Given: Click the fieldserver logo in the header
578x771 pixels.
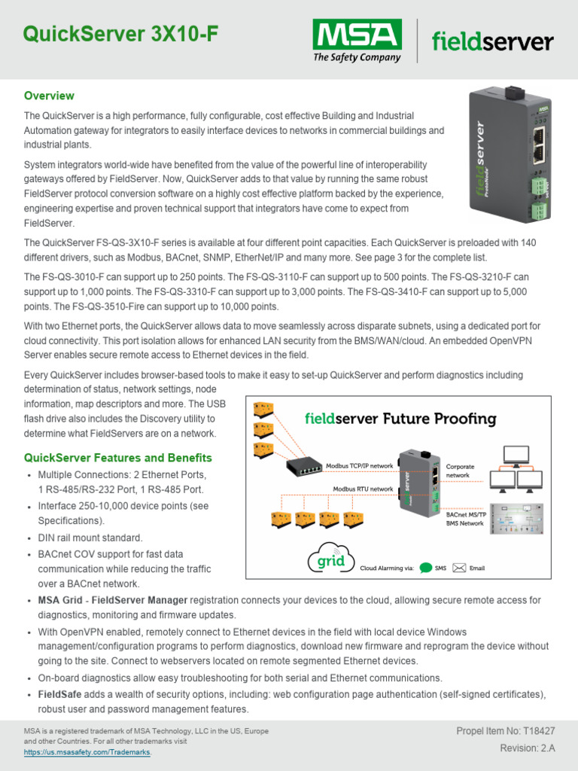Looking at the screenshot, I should pos(492,41).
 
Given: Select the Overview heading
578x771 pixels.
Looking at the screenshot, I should pos(49,96).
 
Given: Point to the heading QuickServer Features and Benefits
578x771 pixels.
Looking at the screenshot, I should pos(118,458).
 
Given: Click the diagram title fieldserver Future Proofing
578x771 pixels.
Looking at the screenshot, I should pos(400,418).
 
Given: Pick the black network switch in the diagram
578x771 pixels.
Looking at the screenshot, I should pos(303,467).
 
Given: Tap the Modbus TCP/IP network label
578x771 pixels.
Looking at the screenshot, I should pos(359,466).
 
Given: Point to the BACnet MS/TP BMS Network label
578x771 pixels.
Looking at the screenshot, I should pos(465,517).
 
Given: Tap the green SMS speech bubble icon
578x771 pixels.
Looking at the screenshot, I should pos(426,568).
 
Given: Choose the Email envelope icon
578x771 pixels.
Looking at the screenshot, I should pos(458,568).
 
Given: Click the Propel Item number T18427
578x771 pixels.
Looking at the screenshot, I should pos(506,731).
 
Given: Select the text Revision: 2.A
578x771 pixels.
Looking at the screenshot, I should pos(528,748).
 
